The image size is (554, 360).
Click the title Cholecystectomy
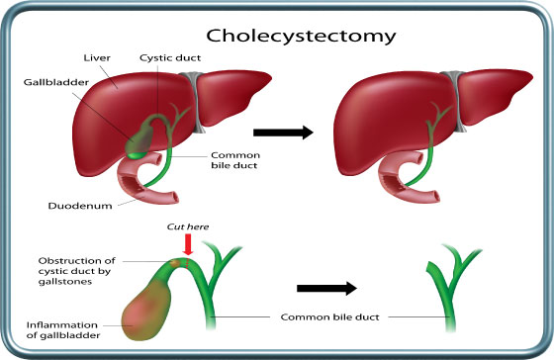pyautogui.click(x=309, y=36)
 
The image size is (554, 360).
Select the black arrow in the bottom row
pyautogui.click(x=326, y=290)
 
